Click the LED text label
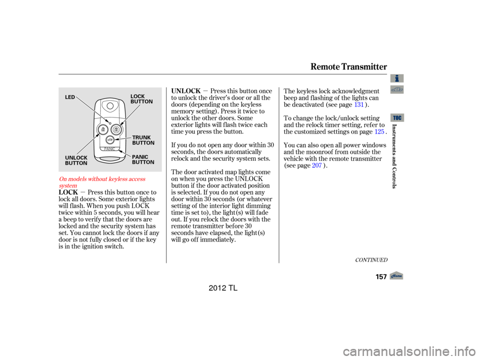click(70, 97)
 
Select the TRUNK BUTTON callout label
click(143, 140)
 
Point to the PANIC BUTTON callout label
click(143, 160)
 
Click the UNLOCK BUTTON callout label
click(76, 160)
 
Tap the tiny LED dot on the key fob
click(110, 123)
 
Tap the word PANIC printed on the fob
click(109, 149)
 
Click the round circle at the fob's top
click(110, 106)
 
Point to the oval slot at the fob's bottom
click(109, 158)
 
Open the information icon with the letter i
click(397, 78)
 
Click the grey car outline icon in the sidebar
click(397, 90)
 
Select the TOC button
click(397, 117)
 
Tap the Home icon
click(396, 275)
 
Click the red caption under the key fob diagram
click(103, 182)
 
